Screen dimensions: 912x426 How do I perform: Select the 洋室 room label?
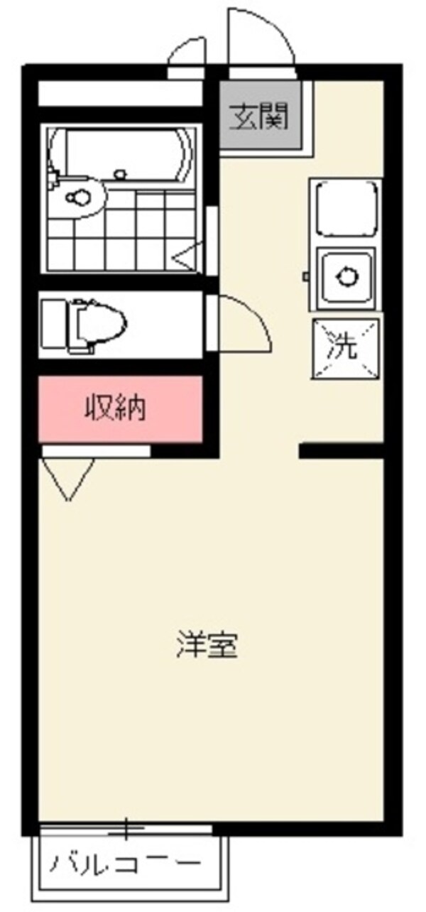tap(206, 646)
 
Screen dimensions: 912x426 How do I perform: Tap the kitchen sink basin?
tap(346, 277)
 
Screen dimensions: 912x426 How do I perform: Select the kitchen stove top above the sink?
tap(346, 207)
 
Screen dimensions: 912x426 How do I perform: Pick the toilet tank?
tap(53, 324)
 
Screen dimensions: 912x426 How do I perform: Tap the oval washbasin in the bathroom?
tap(78, 197)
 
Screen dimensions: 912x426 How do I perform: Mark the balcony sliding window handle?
tap(127, 827)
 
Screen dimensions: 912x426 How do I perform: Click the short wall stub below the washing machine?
tap(341, 450)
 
